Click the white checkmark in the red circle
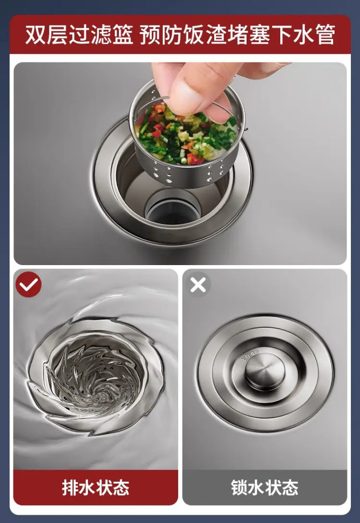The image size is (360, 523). point(28,284)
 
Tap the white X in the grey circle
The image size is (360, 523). point(198,285)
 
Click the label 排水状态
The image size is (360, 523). point(96,487)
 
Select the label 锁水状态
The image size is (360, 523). point(264,487)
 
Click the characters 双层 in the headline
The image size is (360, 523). point(47,35)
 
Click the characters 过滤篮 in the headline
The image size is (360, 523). point(101,35)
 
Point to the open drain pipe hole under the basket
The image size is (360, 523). point(173,207)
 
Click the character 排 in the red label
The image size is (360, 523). point(70,487)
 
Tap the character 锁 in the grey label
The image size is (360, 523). point(240,487)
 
